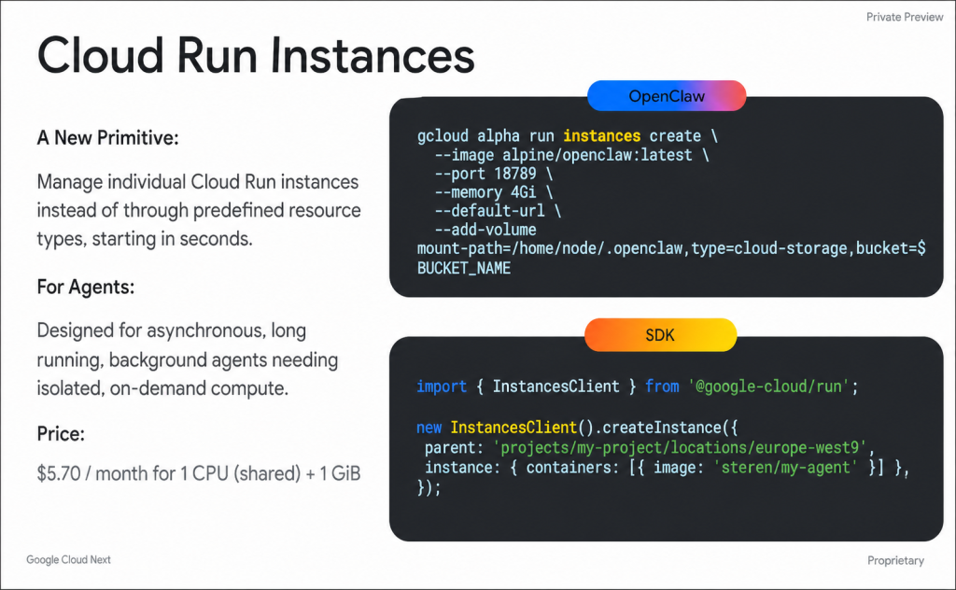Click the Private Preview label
[x=904, y=17]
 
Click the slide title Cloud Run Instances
[x=255, y=56]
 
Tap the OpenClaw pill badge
[x=667, y=96]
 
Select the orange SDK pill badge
[x=660, y=334]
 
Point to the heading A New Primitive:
[x=107, y=138]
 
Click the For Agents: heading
[x=86, y=288]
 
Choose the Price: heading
[x=62, y=434]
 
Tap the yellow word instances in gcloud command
[x=602, y=136]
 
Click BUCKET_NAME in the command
[x=464, y=268]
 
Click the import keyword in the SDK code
[x=442, y=386]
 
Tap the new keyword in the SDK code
[x=429, y=428]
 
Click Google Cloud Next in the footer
[x=68, y=560]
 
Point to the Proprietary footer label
[x=895, y=561]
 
